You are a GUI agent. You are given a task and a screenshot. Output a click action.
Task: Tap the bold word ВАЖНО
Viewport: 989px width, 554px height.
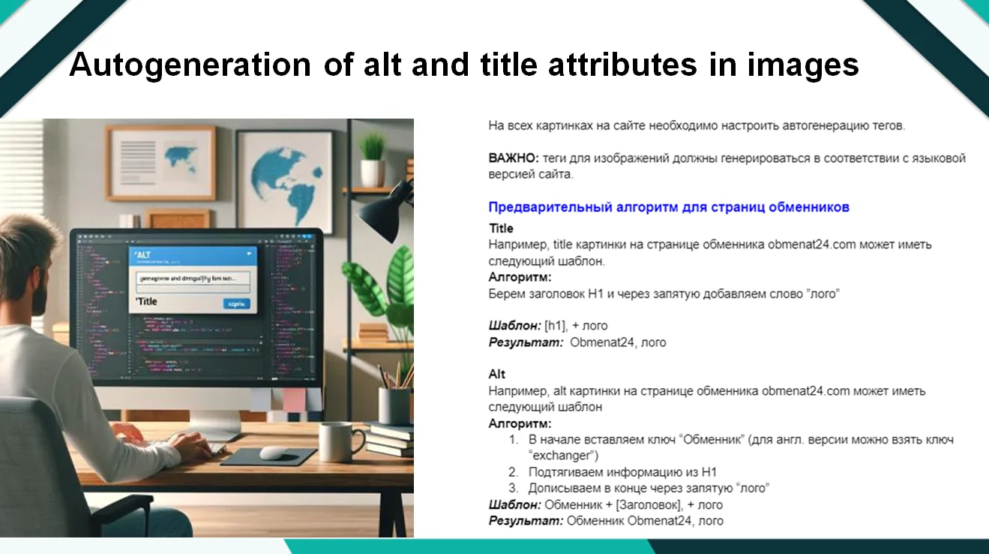(x=513, y=158)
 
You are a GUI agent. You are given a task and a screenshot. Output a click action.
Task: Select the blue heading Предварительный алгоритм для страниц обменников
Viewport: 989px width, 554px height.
(x=668, y=207)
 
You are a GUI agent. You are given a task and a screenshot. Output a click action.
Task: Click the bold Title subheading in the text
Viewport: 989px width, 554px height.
(x=501, y=228)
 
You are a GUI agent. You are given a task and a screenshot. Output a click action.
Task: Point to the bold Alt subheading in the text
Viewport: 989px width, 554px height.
(x=497, y=374)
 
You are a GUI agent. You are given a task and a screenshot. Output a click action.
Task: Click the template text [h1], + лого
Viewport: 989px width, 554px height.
(x=576, y=326)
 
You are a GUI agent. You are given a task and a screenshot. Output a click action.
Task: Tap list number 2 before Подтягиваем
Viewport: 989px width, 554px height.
(x=513, y=472)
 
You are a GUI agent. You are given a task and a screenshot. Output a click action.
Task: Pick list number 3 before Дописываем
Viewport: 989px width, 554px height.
(x=513, y=488)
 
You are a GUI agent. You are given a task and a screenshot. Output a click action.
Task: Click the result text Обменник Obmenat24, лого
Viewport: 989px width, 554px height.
(x=645, y=520)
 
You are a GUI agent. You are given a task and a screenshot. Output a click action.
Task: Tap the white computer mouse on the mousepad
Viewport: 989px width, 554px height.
(x=274, y=453)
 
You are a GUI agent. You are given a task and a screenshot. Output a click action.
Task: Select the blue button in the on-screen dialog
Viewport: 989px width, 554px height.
(x=236, y=303)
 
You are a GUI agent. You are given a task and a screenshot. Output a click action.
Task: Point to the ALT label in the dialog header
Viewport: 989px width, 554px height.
(x=144, y=255)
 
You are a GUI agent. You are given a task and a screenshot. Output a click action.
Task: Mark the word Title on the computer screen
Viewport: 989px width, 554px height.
(x=148, y=302)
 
